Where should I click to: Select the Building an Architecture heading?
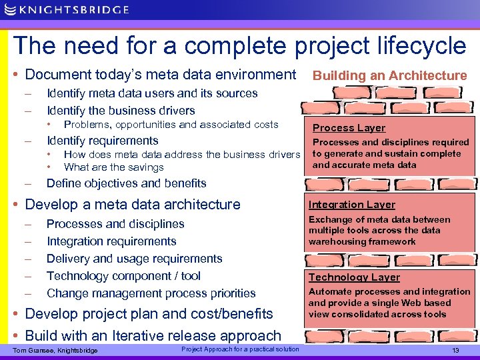[390, 76]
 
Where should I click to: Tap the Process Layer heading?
[349, 128]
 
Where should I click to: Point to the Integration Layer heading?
[351, 205]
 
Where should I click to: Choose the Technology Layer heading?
[353, 277]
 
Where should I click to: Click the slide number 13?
[456, 351]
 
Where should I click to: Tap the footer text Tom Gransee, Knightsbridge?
[55, 351]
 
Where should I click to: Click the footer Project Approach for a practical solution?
[240, 349]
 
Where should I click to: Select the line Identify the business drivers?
[121, 111]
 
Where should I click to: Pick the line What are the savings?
[113, 167]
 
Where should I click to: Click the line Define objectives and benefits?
[126, 183]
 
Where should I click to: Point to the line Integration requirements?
[111, 241]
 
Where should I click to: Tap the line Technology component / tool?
[123, 276]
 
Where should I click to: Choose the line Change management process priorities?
[151, 293]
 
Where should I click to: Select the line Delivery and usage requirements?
[134, 259]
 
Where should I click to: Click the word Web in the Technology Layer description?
[409, 303]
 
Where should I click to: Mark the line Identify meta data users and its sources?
[152, 93]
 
